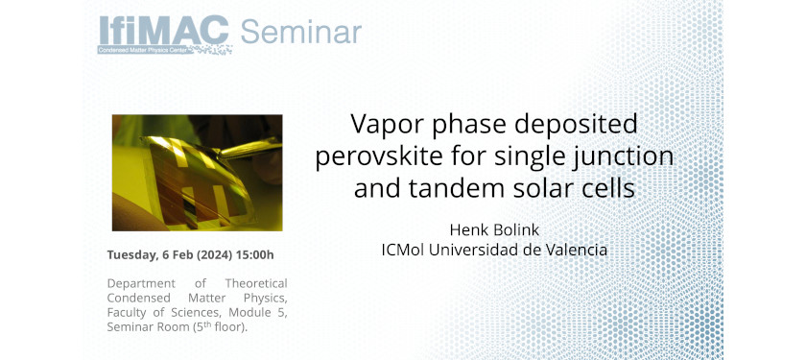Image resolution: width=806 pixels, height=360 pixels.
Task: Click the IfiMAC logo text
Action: pyautogui.click(x=163, y=31)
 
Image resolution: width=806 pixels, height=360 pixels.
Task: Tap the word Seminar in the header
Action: pyautogui.click(x=301, y=32)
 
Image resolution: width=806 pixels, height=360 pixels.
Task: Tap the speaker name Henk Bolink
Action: pyautogui.click(x=494, y=229)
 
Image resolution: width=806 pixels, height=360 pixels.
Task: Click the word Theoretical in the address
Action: pyautogui.click(x=256, y=283)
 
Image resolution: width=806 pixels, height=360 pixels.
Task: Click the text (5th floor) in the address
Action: pyautogui.click(x=221, y=327)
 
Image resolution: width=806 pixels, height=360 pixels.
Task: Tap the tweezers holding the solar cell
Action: pyautogui.click(x=251, y=148)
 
